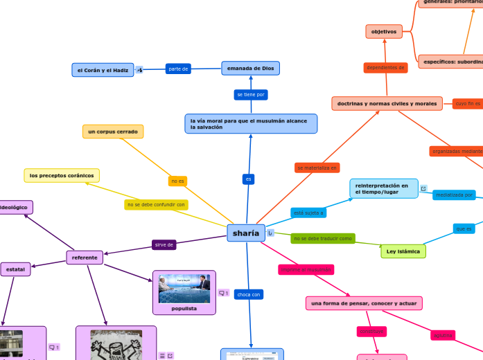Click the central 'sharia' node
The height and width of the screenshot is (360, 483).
246,233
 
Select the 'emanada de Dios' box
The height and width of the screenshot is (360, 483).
250,68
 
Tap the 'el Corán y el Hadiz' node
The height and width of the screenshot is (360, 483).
103,70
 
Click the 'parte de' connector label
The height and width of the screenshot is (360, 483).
178,69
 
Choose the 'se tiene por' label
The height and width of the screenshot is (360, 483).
250,94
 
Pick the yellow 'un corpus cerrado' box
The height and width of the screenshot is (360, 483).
113,131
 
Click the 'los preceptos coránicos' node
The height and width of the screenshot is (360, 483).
62,175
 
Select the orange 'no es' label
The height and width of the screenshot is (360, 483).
177,181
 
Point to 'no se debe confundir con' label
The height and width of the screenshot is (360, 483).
156,204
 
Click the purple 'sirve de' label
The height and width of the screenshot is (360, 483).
164,244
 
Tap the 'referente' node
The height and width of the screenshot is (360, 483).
85,258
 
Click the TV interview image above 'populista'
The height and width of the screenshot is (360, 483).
184,288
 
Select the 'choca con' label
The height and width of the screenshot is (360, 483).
248,294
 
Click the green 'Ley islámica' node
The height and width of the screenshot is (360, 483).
403,251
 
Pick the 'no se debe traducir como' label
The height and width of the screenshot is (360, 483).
322,238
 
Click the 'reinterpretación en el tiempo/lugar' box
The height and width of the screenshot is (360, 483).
383,188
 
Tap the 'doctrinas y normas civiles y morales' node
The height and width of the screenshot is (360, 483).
387,103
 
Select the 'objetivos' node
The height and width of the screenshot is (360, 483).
383,31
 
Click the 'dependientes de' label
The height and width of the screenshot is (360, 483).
385,67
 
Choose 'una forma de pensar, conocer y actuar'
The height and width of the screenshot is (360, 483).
364,303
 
